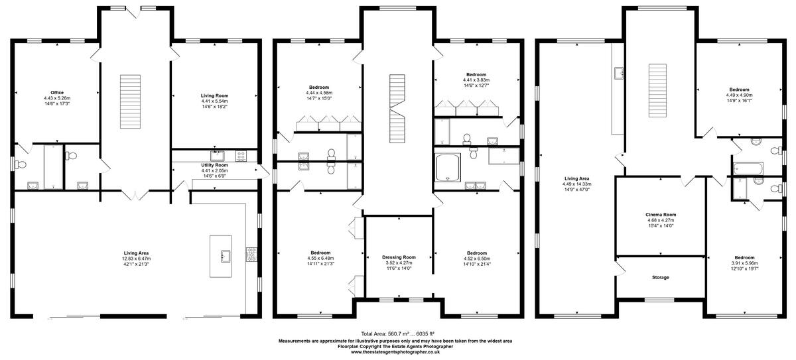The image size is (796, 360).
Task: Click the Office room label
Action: point(56,92)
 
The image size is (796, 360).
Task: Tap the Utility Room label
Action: point(214,165)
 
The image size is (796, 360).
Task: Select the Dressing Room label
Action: point(399,257)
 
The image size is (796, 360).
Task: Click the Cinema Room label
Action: point(660,215)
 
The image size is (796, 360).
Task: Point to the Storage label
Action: point(660,277)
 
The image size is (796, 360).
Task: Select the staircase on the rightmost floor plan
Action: point(657,82)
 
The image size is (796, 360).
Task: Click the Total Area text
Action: point(397,333)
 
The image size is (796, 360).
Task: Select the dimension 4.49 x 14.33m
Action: point(576,184)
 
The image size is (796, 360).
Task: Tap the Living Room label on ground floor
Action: point(214,95)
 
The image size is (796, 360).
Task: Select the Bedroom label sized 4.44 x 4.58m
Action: point(318,87)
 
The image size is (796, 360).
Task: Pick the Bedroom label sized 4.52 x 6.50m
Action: point(476,253)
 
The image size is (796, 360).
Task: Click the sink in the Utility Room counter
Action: point(217,156)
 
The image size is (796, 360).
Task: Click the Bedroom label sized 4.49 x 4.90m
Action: point(740,90)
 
